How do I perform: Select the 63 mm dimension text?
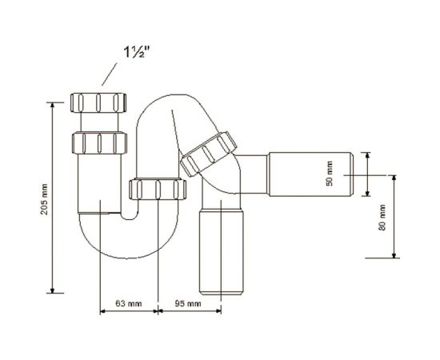coord(129,304)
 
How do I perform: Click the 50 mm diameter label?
coord(329,174)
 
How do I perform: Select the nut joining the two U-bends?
coord(157,190)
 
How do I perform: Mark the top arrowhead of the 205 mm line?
coord(53,103)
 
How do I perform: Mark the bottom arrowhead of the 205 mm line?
coord(53,291)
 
